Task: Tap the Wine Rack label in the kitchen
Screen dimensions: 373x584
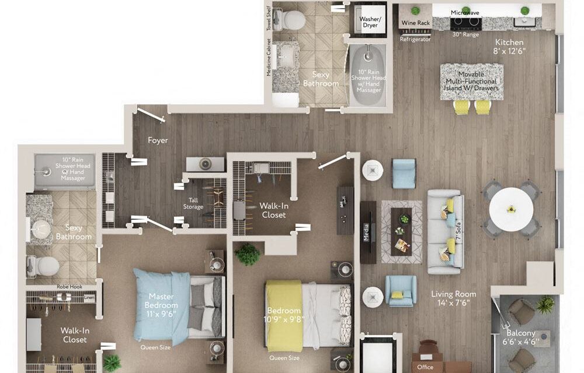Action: (415, 23)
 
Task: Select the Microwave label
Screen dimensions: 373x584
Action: (465, 12)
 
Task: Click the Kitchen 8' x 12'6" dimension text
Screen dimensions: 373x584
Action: (509, 47)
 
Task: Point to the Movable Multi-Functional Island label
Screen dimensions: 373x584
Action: (471, 82)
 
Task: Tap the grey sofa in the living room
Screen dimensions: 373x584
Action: (445, 231)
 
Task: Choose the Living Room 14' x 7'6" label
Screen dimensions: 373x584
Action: (453, 298)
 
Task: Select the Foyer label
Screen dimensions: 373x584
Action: (158, 140)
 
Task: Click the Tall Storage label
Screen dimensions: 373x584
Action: (193, 203)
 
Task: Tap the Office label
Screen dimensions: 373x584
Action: (425, 368)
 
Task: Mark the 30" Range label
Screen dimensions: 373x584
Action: (465, 34)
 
